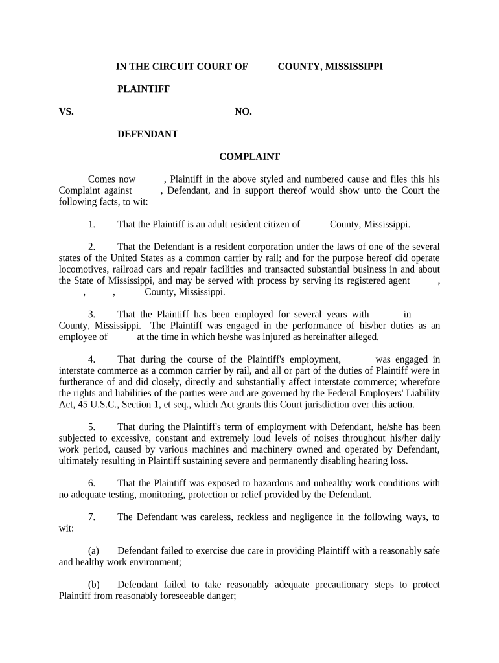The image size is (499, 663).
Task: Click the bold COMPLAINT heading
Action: [249, 157]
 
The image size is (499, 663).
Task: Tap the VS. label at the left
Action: [67, 112]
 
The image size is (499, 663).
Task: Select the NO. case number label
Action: [243, 112]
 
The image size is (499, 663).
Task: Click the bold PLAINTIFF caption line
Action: [143, 89]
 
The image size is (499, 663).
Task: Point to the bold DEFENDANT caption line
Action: [147, 135]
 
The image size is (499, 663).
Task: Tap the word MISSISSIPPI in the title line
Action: [353, 67]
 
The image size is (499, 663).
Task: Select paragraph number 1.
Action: [92, 225]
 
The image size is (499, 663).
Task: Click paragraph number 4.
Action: [92, 359]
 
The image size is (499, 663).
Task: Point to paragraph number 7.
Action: [92, 517]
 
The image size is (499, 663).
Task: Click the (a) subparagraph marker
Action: [93, 551]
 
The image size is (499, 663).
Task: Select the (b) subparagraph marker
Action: [93, 585]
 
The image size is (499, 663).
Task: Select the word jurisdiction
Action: [319, 405]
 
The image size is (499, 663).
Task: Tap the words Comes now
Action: [111, 179]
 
